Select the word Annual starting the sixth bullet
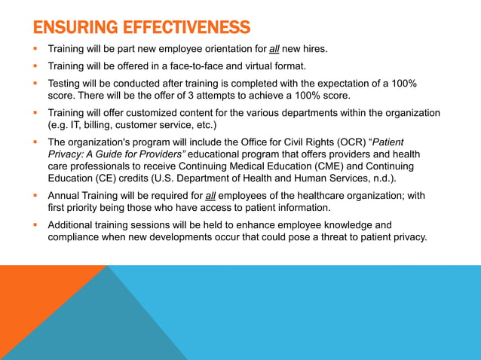(66, 195)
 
